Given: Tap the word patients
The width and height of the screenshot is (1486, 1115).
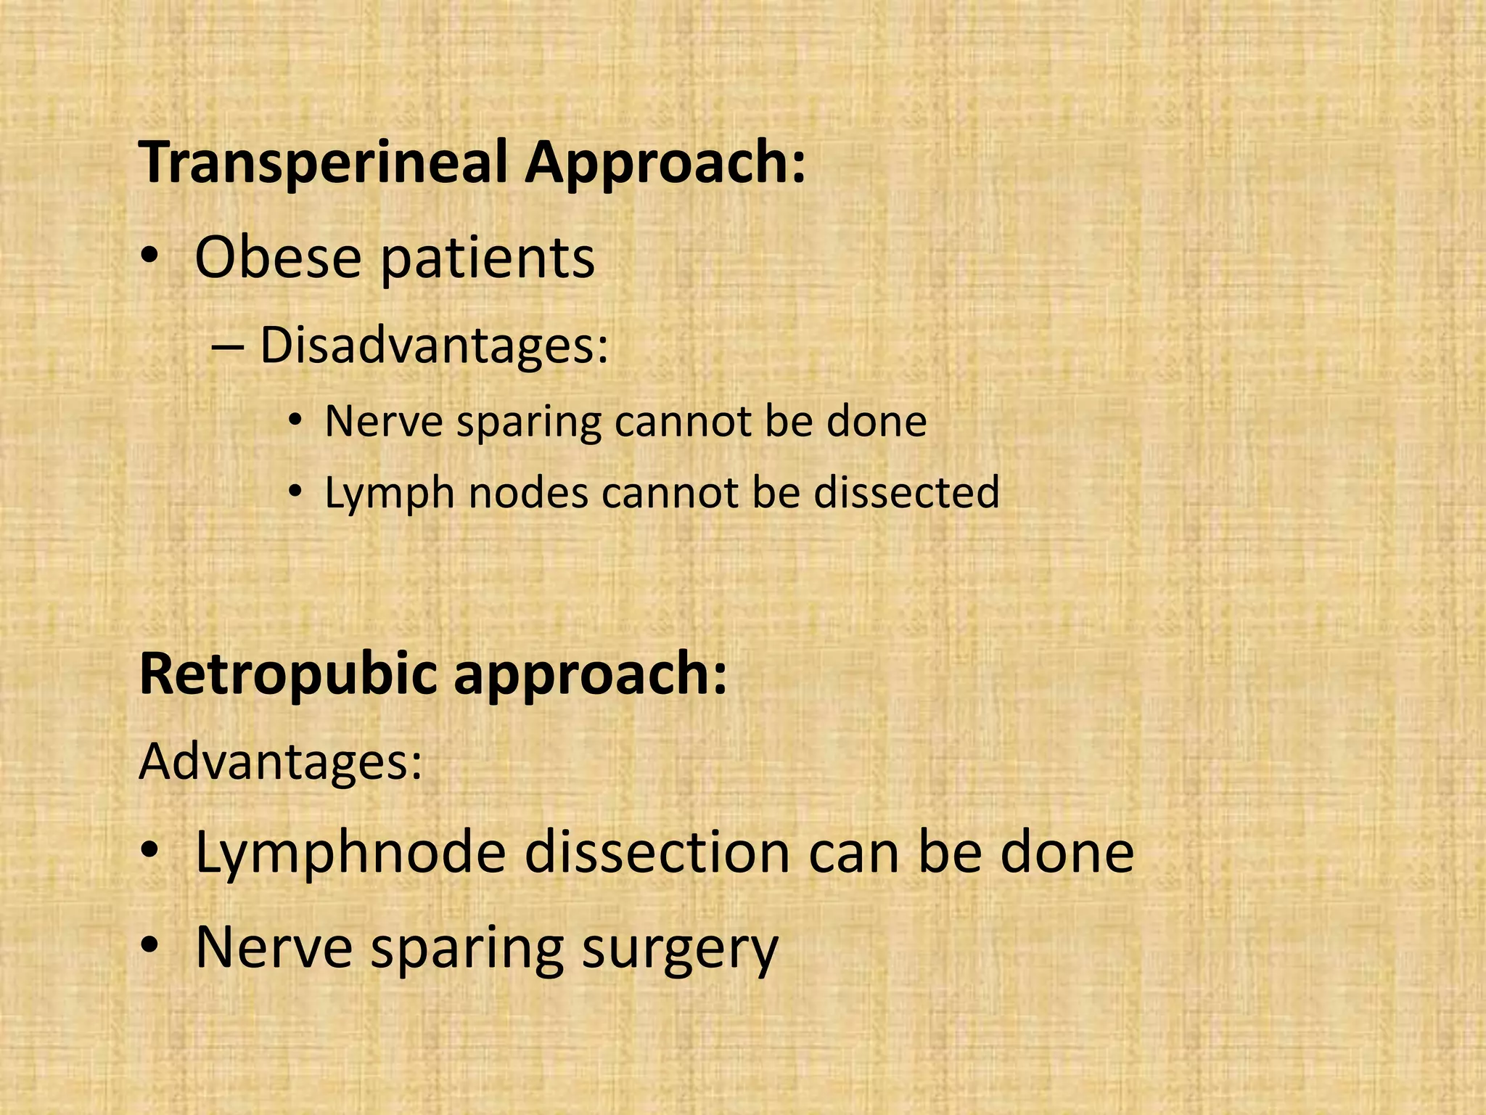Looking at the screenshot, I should pyautogui.click(x=488, y=260).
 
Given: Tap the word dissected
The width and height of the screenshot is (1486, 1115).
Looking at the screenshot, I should pyautogui.click(x=906, y=493).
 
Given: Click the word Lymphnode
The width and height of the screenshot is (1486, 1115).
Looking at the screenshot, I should pyautogui.click(x=350, y=853).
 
